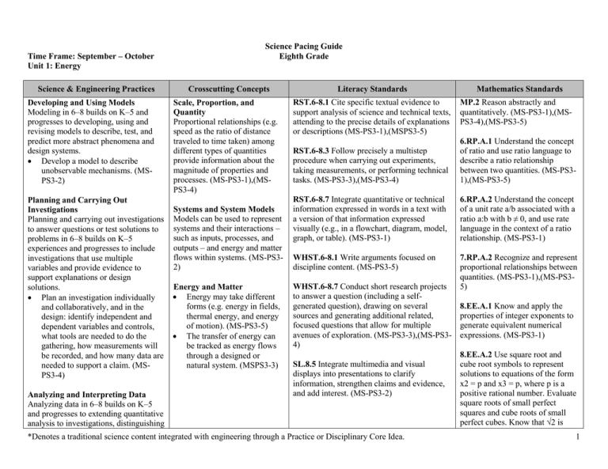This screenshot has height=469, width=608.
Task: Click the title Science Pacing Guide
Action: click(304, 47)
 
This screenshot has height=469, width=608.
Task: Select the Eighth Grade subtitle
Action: click(304, 58)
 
